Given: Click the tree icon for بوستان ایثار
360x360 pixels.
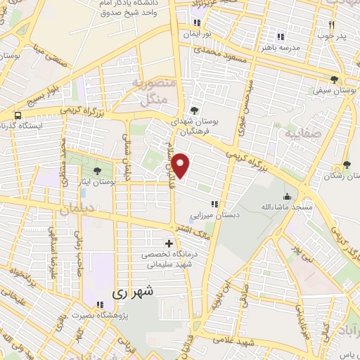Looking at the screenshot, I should (x=98, y=171).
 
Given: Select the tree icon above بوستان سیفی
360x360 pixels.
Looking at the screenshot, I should (x=333, y=80).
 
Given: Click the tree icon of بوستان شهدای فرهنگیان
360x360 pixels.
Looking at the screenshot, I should (x=194, y=110).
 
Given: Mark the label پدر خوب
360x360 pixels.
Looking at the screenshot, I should (x=327, y=33).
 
